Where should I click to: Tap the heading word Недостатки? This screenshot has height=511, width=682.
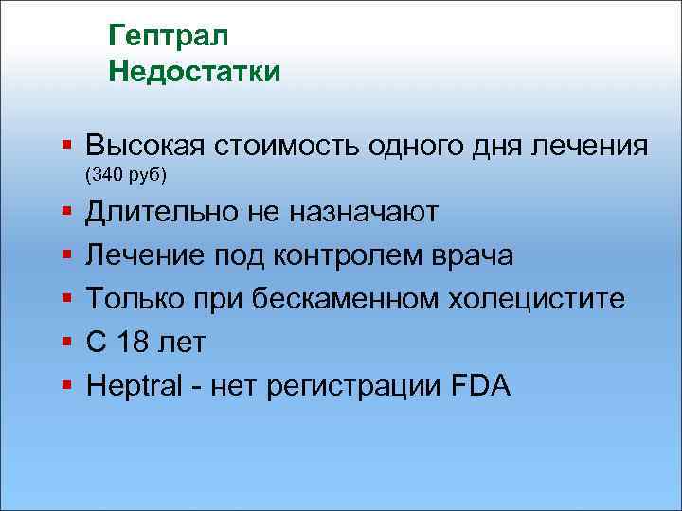195,72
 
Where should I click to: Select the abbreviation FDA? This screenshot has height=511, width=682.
480,386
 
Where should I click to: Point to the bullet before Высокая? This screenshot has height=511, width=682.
66,148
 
